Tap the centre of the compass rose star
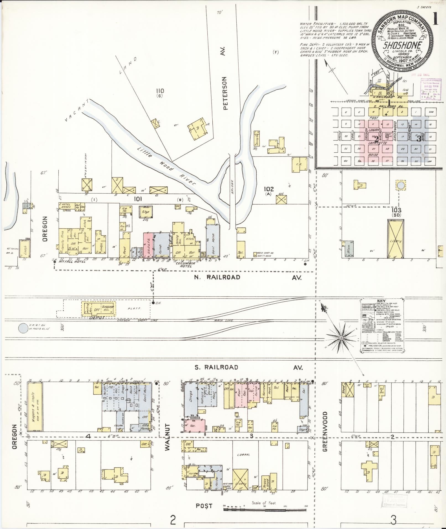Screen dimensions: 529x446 click(x=341, y=338)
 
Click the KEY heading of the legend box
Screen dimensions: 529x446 click(x=382, y=301)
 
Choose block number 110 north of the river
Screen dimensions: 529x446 click(x=160, y=91)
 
